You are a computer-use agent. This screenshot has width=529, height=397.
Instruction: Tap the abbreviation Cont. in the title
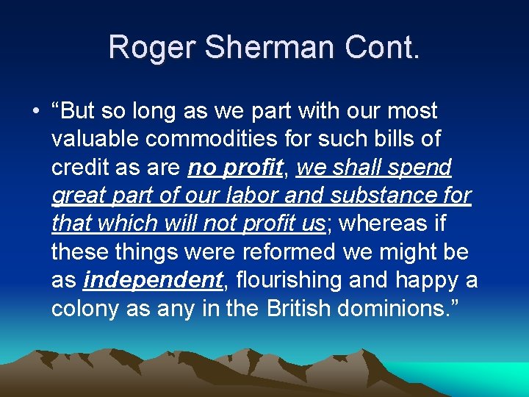pos(382,47)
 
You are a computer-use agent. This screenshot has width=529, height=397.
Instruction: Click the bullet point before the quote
pos(35,112)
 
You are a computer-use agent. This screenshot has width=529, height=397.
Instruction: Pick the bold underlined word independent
pos(153,280)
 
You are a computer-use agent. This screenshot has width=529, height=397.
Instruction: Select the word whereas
pos(381,224)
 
